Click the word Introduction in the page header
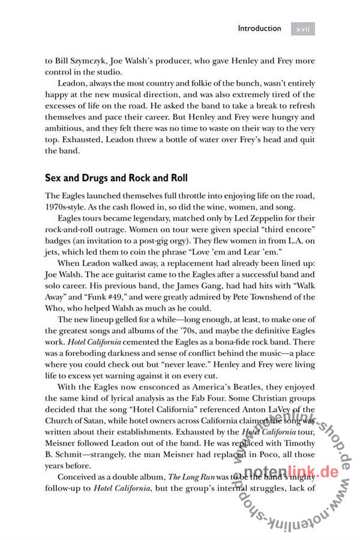click(259, 28)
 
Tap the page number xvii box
click(302, 28)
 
